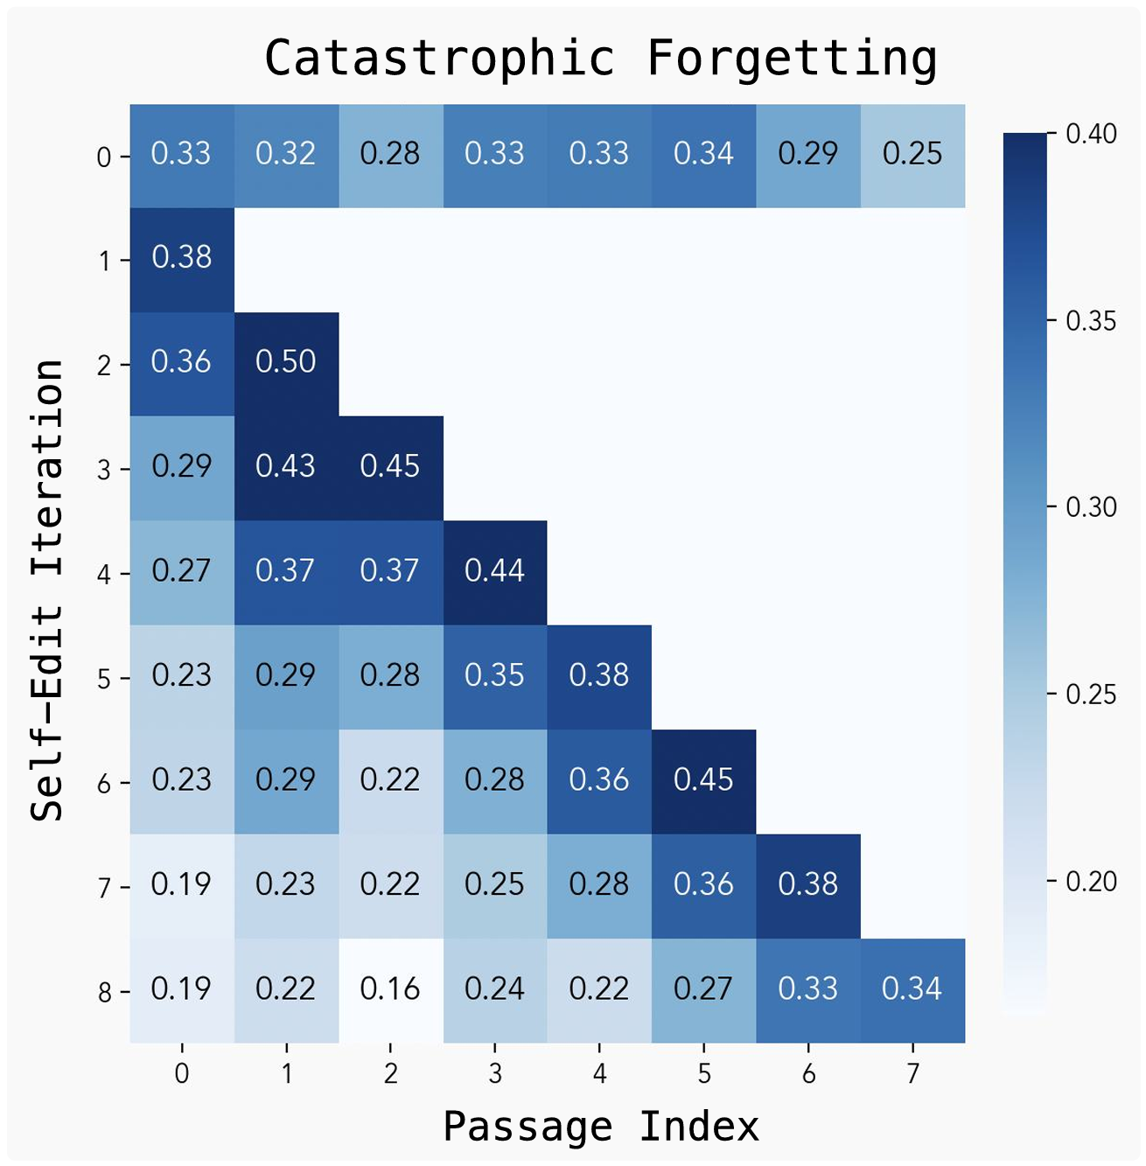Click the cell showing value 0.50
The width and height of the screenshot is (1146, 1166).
click(286, 362)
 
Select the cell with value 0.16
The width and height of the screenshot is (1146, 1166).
click(390, 989)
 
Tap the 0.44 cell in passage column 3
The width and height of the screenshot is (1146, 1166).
click(495, 571)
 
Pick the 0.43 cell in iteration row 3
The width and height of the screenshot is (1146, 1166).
click(286, 466)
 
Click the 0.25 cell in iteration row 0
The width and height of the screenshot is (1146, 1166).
click(912, 154)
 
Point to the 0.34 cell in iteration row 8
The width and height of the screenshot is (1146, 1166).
click(912, 989)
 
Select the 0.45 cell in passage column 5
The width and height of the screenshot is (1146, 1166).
click(703, 780)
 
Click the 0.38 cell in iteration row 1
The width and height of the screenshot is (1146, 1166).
click(182, 258)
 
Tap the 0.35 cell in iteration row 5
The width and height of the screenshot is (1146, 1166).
click(495, 675)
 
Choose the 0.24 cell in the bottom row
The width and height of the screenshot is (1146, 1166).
click(495, 989)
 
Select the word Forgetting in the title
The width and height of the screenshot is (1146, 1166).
click(792, 59)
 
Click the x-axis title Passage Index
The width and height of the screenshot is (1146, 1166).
click(601, 1126)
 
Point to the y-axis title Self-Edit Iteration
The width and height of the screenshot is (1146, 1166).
click(48, 590)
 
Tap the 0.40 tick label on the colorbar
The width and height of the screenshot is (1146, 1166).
click(1091, 134)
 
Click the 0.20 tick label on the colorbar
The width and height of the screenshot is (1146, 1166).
click(1091, 882)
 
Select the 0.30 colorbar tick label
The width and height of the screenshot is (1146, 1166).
click(1091, 507)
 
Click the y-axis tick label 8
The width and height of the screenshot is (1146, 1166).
click(104, 993)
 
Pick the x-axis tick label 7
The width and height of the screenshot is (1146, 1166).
click(912, 1073)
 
